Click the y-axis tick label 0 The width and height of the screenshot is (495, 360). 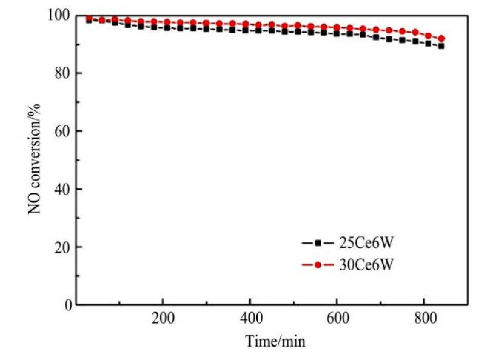tap(66, 305)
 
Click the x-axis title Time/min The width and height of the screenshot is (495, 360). tap(275, 341)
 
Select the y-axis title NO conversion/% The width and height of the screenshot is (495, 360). tap(38, 159)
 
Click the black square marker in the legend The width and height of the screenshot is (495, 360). tap(318, 242)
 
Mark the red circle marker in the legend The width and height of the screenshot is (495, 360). tap(318, 265)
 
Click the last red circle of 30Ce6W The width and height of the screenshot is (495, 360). tap(441, 38)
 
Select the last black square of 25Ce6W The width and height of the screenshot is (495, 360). tap(441, 46)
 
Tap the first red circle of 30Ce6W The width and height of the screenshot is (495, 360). tap(89, 18)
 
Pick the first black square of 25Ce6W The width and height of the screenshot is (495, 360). tap(89, 21)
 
